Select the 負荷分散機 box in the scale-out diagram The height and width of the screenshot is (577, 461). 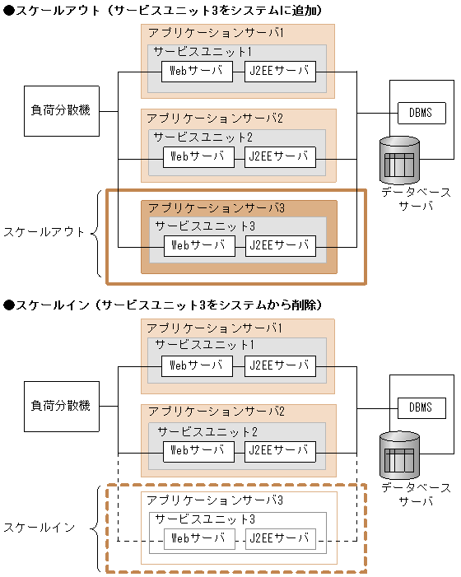tap(61, 110)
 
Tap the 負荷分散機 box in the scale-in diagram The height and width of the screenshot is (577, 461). tap(61, 406)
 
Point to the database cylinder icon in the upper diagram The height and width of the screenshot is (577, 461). tap(399, 159)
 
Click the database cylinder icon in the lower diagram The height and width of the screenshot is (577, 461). tap(399, 455)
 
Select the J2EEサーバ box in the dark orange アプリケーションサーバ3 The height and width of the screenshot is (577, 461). tap(280, 244)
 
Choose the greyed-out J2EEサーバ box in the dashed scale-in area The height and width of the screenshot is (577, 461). tap(280, 539)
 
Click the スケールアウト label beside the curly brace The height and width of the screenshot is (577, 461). tap(44, 231)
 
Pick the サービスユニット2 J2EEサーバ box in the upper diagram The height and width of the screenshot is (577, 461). tap(280, 156)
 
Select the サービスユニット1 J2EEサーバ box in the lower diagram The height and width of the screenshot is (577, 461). tap(280, 366)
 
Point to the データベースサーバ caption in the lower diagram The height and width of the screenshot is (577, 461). tap(416, 495)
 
